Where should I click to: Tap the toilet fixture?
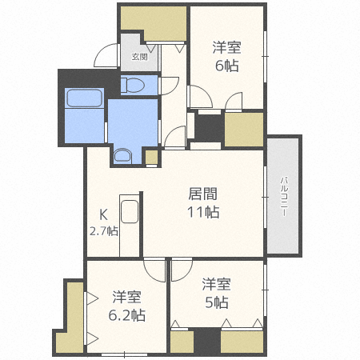tap(135, 84)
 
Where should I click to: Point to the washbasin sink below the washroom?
tap(123, 155)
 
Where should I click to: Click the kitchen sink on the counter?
tap(130, 214)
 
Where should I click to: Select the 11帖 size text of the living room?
tap(203, 212)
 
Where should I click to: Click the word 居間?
tap(202, 193)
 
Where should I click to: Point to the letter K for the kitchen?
tap(103, 214)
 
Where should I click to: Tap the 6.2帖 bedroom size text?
tap(128, 314)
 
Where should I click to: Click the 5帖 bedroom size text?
tap(216, 302)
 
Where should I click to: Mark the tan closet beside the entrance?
tap(153, 22)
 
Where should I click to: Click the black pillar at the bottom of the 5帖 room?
tap(207, 342)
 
